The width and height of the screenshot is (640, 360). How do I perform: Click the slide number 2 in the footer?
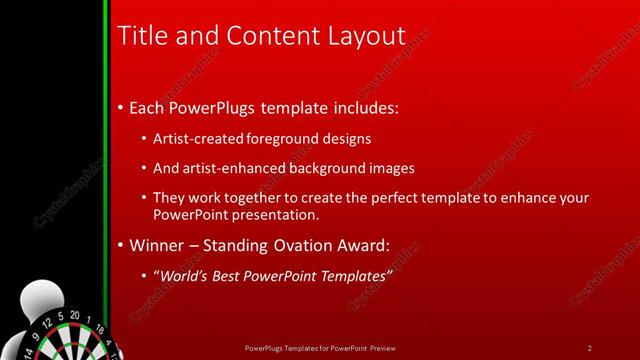tap(590, 348)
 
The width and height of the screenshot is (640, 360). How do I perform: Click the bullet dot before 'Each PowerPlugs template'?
tap(121, 107)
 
